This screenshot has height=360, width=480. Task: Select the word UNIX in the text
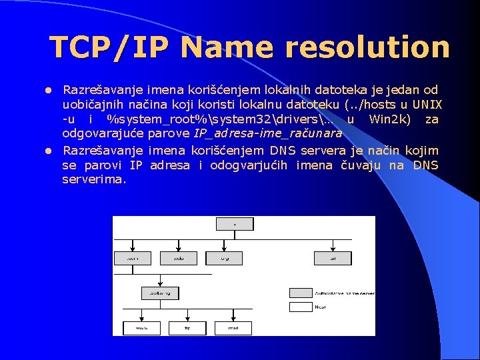pos(427,104)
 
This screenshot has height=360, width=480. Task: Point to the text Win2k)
pos(393,119)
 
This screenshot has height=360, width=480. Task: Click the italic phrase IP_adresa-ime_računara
pos(267,133)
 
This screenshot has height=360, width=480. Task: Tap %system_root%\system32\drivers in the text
pos(213,119)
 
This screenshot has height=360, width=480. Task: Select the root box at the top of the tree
pos(235,225)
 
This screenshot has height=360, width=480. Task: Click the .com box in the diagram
pos(133,257)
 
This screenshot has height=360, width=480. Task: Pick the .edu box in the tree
pos(178,257)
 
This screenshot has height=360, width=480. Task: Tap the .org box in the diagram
pos(223,257)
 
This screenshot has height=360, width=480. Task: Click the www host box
pos(141,327)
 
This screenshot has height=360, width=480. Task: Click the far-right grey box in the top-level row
pos(333,257)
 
